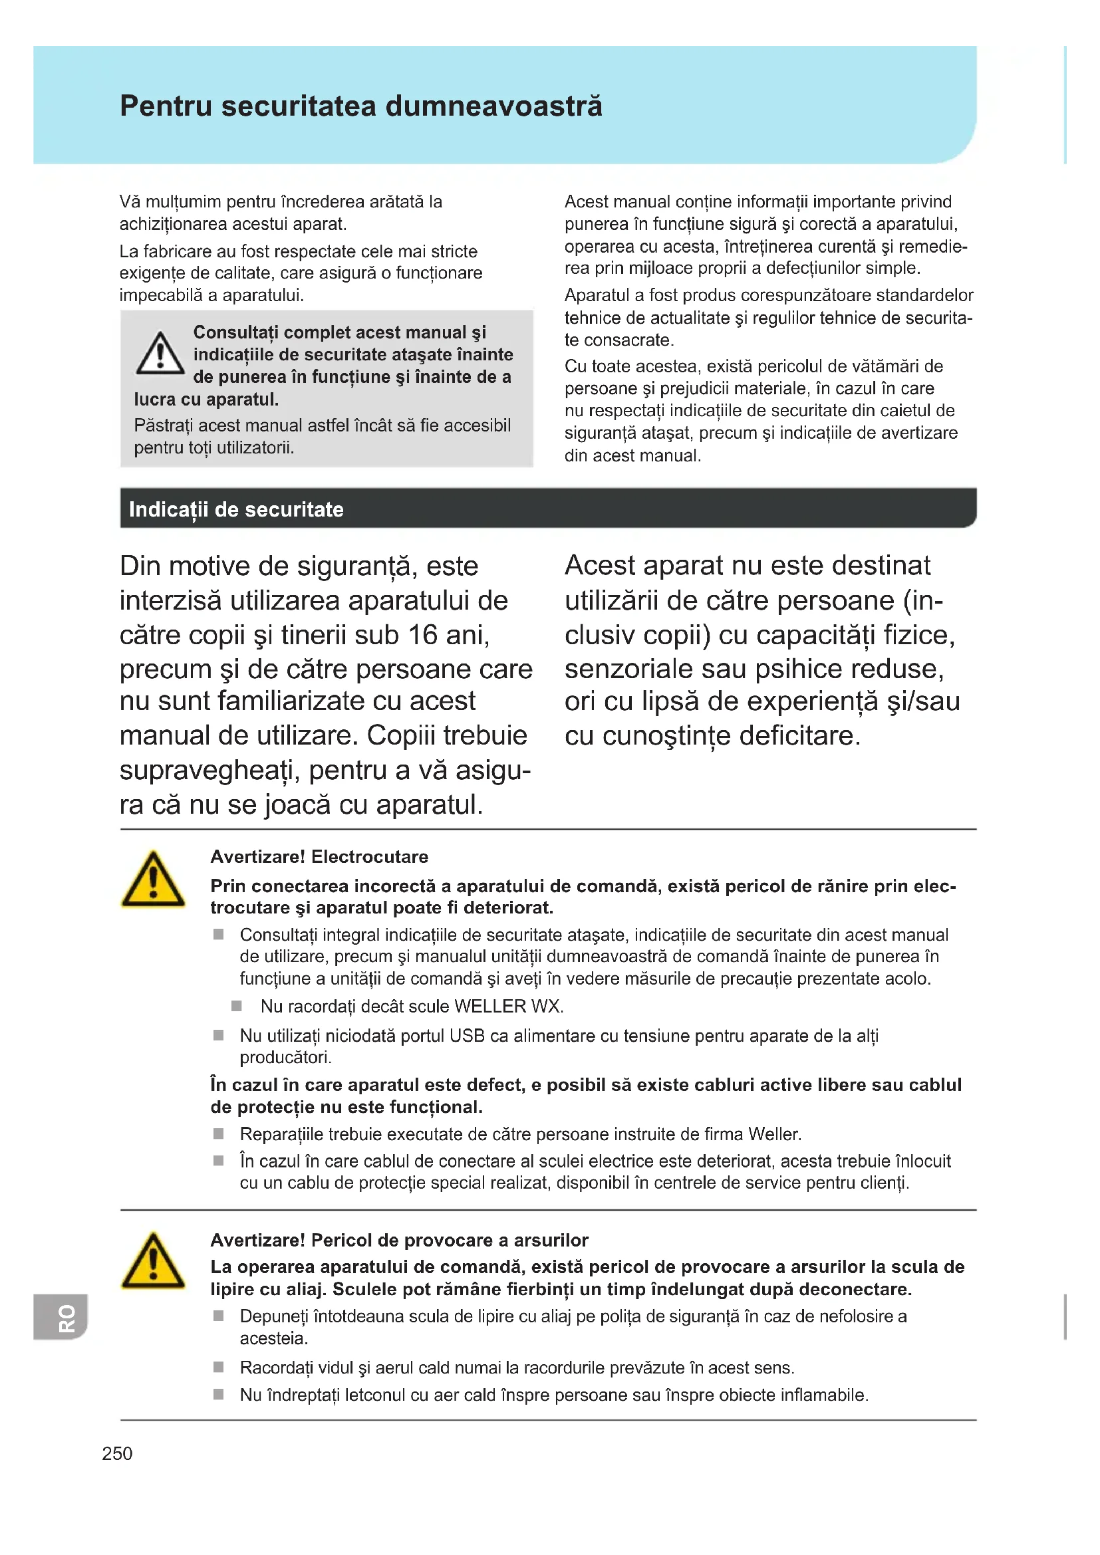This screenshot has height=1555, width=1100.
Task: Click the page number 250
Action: pyautogui.click(x=117, y=1453)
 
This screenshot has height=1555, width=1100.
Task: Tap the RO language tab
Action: pyautogui.click(x=66, y=1317)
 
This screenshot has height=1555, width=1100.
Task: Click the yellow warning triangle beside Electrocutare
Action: pyautogui.click(x=153, y=880)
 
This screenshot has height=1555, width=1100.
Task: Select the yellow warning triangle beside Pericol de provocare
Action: pyautogui.click(x=153, y=1262)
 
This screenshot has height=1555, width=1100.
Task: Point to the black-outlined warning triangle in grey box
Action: pyautogui.click(x=160, y=354)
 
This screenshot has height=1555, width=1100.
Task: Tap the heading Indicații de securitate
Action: pyautogui.click(x=236, y=509)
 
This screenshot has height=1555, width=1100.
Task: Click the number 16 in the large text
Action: pyautogui.click(x=423, y=636)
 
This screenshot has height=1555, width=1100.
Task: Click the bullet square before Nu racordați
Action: pyautogui.click(x=237, y=1007)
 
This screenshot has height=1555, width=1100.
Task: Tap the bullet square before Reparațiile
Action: pyautogui.click(x=219, y=1134)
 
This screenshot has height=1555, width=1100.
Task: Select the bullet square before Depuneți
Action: pyautogui.click(x=219, y=1316)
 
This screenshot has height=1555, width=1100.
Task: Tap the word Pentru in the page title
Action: pyautogui.click(x=166, y=107)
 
